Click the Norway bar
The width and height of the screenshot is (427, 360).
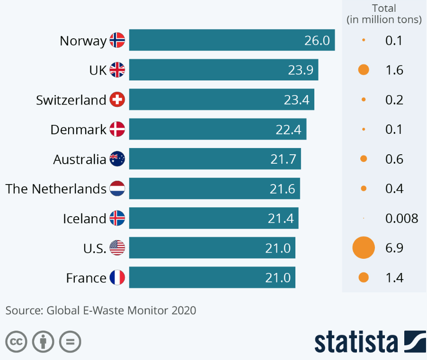[x=232, y=40]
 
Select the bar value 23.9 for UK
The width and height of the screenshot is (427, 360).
[x=301, y=70]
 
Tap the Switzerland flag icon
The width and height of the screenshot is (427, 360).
[x=117, y=100]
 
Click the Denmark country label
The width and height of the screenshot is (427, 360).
[x=78, y=130]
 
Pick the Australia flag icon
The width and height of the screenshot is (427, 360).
[x=117, y=159]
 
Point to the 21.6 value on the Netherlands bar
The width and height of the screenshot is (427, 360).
[x=283, y=189]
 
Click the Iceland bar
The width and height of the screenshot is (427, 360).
[x=213, y=219]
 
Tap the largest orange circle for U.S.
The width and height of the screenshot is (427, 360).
[x=364, y=248]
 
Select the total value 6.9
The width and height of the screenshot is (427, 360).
[x=394, y=248]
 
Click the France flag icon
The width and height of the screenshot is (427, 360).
[x=117, y=278]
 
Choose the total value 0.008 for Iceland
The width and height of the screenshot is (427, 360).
[x=401, y=219]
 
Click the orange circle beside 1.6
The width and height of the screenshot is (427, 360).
[x=364, y=70]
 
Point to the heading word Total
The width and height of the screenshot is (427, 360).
[x=384, y=9]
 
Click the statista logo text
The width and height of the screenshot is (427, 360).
[x=356, y=342]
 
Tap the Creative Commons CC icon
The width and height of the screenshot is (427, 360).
[x=16, y=342]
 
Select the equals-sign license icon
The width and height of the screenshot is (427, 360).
[x=70, y=342]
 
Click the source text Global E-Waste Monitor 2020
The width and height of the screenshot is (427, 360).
[x=121, y=311]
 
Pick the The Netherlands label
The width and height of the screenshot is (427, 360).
[x=56, y=189]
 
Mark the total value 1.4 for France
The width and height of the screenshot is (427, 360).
[x=394, y=278]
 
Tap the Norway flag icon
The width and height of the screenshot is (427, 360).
[x=117, y=40]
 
